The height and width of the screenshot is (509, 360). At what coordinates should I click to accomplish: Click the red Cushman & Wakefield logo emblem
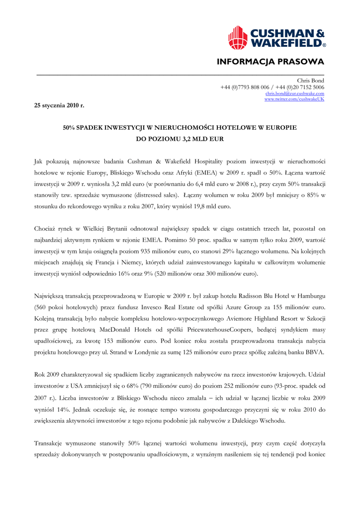pos(238,38)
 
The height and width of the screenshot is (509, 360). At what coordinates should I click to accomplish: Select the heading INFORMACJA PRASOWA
pos(270,62)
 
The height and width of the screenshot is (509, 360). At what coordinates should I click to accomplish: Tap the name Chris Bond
pos(310,81)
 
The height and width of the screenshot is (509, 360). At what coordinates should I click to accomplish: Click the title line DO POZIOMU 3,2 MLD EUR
pos(180,139)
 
